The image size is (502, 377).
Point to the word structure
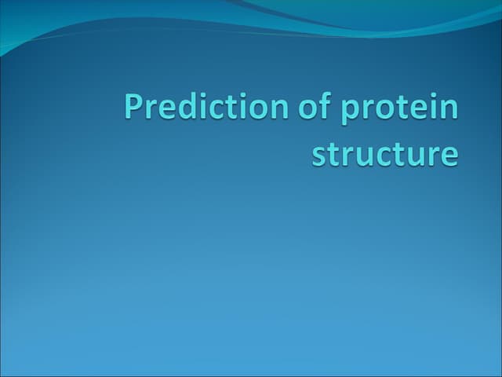[384, 153]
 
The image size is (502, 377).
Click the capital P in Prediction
[133, 107]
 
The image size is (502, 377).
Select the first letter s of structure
[318, 155]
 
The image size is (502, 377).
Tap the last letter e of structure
[449, 155]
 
